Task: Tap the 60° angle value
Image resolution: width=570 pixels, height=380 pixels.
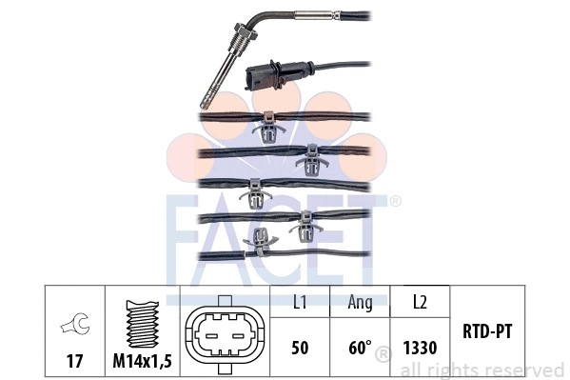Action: coord(359,348)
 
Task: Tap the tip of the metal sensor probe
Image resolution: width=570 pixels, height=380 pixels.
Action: coord(205,102)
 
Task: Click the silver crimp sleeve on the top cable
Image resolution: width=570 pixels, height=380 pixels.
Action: coord(313,15)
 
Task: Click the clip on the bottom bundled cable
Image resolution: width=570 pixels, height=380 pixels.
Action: coord(257,248)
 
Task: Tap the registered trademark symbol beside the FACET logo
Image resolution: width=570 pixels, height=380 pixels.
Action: coord(395,201)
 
